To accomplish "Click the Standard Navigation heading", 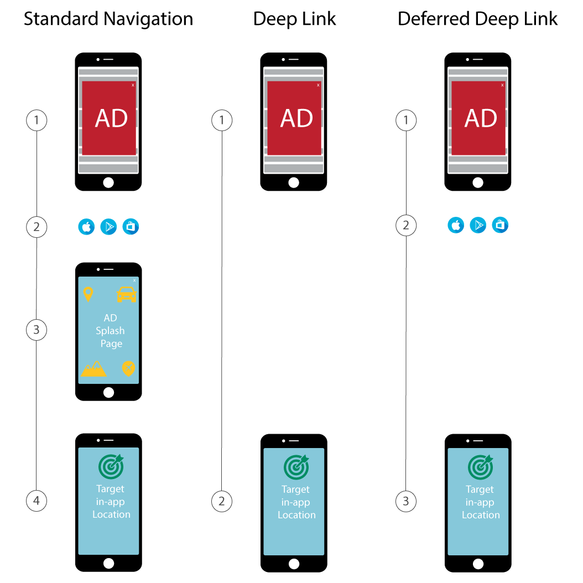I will pyautogui.click(x=108, y=19).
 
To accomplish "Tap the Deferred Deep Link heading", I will pyautogui.click(x=477, y=19).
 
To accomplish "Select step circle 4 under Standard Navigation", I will pyautogui.click(x=37, y=501).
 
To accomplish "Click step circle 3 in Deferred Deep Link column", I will pyautogui.click(x=406, y=502).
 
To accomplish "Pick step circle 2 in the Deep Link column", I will pyautogui.click(x=222, y=502).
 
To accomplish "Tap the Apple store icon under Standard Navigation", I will pyautogui.click(x=86, y=227).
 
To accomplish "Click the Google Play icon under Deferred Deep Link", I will pyautogui.click(x=478, y=226).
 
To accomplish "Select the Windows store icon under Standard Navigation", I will pyautogui.click(x=131, y=227).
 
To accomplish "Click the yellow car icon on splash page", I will pyautogui.click(x=127, y=294).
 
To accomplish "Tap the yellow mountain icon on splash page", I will pyautogui.click(x=93, y=369).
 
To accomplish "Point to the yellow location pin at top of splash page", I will pyautogui.click(x=88, y=294).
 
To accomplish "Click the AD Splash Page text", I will pyautogui.click(x=111, y=331).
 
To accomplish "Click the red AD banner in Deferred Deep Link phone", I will pyautogui.click(x=478, y=118).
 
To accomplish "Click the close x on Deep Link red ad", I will pyautogui.click(x=318, y=85).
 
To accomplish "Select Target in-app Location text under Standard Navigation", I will pyautogui.click(x=111, y=502).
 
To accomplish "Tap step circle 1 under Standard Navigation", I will pyautogui.click(x=37, y=120).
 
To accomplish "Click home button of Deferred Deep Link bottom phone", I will pyautogui.click(x=478, y=563).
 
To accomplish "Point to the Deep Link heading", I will pyautogui.click(x=294, y=19).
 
